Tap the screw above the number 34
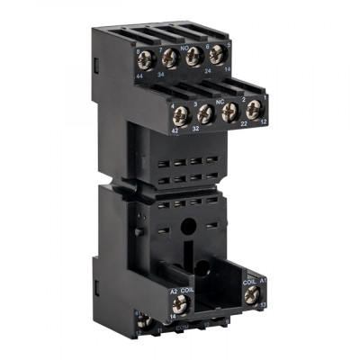pos(168,61)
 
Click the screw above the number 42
pos(179,113)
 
